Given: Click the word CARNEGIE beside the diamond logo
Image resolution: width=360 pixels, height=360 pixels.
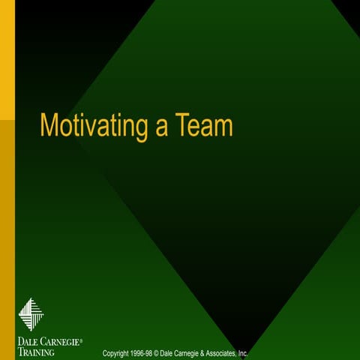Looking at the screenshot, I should point(59,340).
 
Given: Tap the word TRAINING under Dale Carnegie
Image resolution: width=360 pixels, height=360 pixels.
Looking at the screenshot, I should point(35,351).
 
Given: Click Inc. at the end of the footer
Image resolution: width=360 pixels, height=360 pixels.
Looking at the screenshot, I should point(241,353).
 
